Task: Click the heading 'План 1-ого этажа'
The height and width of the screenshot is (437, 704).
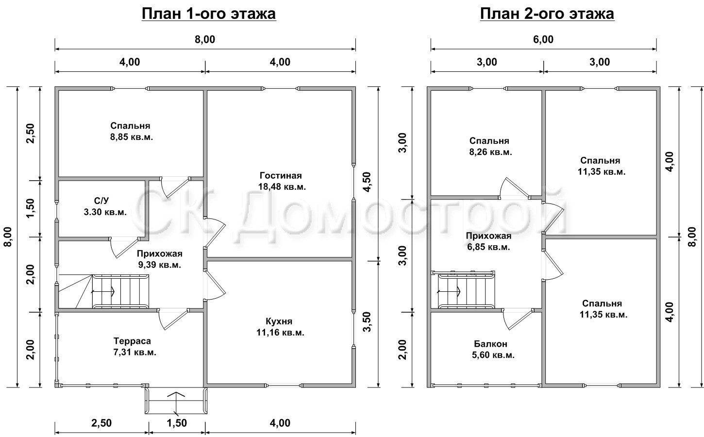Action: click(x=209, y=14)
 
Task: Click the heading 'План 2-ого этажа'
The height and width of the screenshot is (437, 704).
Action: click(x=547, y=14)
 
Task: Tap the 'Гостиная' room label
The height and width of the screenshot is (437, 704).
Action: click(x=281, y=175)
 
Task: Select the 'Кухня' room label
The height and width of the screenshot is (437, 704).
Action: click(x=279, y=321)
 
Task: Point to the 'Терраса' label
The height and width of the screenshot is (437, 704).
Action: click(x=133, y=341)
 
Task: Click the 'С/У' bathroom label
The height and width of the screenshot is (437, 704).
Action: click(x=101, y=201)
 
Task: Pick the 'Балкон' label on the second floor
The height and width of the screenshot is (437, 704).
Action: click(x=490, y=344)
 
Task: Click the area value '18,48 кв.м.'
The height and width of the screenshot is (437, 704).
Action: click(x=282, y=187)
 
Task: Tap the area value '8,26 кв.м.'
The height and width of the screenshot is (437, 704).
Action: click(x=490, y=152)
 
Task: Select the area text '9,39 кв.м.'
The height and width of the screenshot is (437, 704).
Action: click(x=160, y=265)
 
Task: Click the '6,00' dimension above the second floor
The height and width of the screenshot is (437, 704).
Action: click(x=543, y=40)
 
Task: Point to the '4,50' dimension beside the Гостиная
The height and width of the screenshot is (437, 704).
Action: click(x=367, y=182)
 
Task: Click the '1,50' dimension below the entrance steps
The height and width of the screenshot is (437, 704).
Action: click(x=177, y=423)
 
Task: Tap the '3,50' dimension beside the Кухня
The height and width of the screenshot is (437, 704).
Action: click(x=367, y=321)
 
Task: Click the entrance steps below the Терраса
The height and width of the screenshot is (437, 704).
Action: click(x=176, y=401)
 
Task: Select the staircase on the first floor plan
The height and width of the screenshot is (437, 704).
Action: click(x=104, y=291)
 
